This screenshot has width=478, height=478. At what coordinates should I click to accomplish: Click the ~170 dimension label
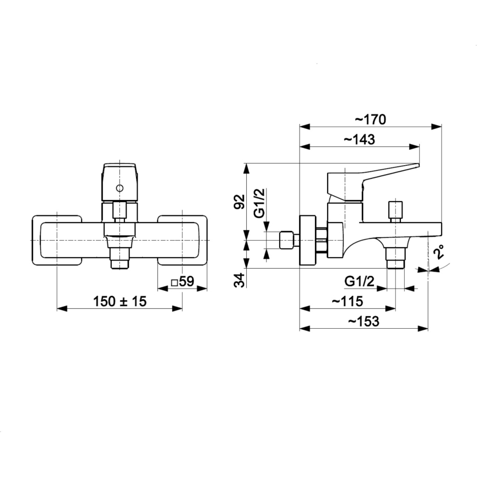tap(370, 119)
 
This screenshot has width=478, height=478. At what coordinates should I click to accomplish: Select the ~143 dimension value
tap(359, 140)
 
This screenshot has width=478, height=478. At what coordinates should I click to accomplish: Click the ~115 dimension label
tap(347, 301)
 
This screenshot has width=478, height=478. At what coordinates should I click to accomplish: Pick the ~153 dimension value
tap(363, 322)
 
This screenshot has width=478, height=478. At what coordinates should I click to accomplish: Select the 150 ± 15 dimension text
tap(120, 301)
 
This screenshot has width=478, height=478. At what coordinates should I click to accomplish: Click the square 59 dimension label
tap(182, 281)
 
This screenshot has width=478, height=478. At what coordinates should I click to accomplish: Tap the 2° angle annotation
tap(439, 254)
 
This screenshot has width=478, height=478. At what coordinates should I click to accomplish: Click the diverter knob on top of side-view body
tap(395, 210)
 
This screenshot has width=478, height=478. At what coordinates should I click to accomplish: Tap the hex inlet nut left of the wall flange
tap(286, 241)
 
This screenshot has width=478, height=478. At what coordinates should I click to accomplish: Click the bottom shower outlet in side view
tap(395, 258)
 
